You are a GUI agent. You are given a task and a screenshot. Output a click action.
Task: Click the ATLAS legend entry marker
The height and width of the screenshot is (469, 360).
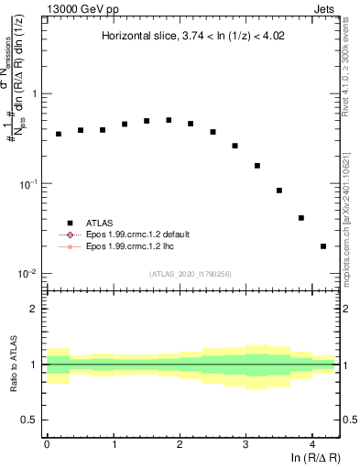(68, 222)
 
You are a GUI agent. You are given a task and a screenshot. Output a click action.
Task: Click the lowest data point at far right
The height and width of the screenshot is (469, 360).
(323, 246)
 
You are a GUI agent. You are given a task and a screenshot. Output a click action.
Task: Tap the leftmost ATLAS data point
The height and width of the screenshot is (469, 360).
(59, 134)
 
